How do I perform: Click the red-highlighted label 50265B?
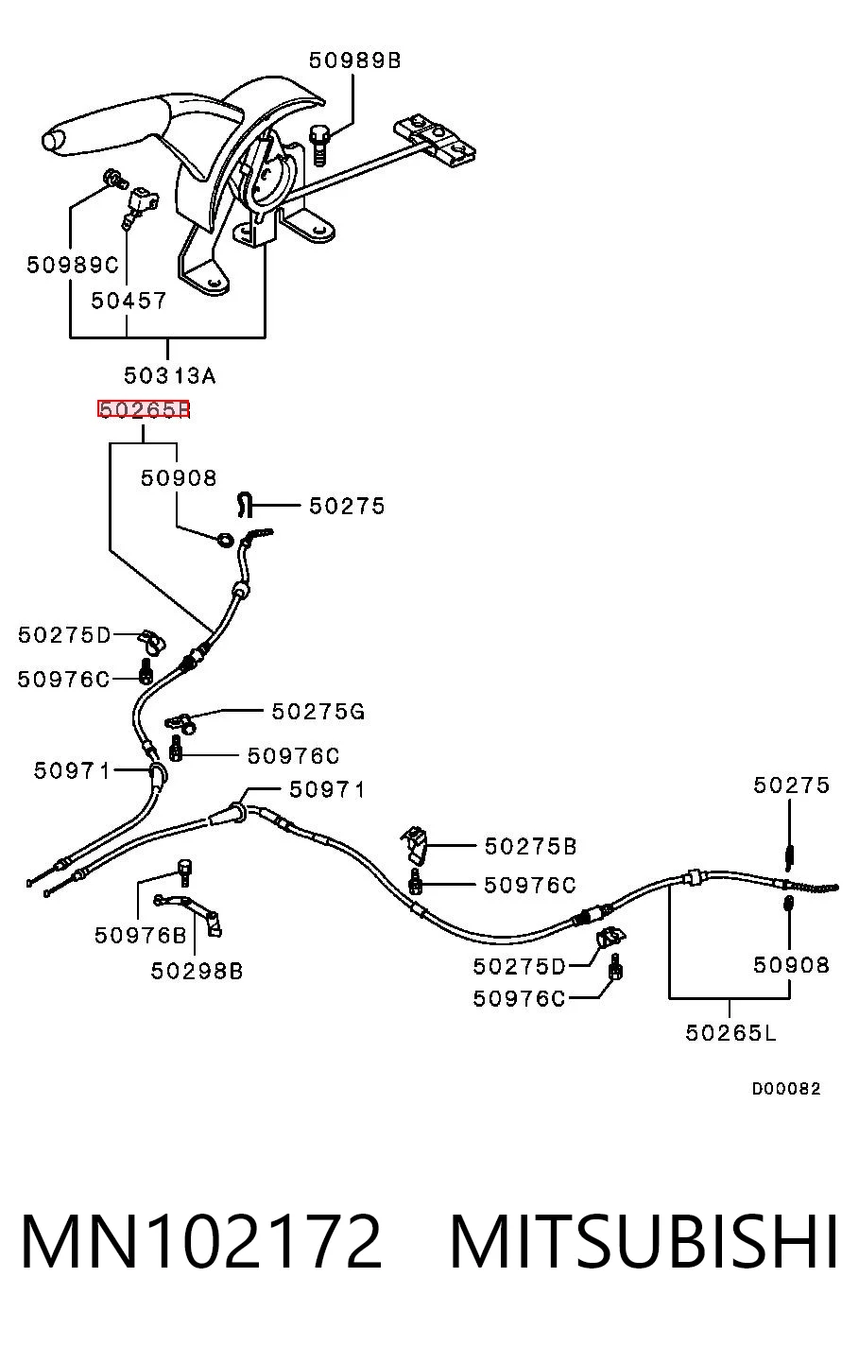(144, 409)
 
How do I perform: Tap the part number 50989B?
(354, 60)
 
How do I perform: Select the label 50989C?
(73, 265)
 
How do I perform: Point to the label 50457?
(128, 301)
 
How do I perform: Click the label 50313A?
(169, 375)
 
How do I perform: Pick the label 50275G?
(318, 712)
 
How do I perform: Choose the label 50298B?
(197, 971)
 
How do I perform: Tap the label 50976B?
(141, 935)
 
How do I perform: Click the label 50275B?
(530, 846)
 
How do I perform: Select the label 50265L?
(730, 1032)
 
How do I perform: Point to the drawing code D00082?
(785, 1088)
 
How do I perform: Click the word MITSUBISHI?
(644, 1241)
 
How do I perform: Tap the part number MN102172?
(201, 1241)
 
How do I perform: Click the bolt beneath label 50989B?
(319, 145)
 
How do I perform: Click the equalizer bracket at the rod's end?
(435, 140)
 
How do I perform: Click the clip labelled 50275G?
(180, 722)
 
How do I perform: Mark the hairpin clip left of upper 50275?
(244, 504)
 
